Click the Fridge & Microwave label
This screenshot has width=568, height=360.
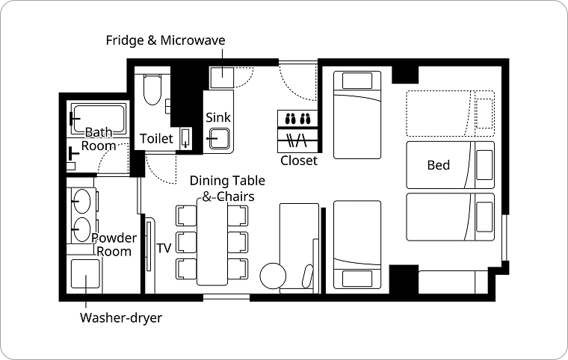click(165, 40)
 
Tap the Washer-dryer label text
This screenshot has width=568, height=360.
click(121, 317)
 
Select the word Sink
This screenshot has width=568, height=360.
click(218, 117)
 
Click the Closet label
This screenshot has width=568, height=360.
click(299, 161)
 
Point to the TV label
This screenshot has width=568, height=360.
click(164, 248)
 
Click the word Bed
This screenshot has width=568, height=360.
click(438, 165)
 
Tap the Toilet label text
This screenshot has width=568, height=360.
click(156, 138)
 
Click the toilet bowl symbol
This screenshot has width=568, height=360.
click(152, 90)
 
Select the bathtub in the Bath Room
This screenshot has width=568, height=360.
click(99, 119)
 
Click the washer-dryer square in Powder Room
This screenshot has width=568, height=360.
click(85, 274)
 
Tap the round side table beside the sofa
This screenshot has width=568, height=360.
click(273, 276)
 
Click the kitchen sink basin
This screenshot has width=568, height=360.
click(219, 139)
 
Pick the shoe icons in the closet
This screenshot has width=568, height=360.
click(298, 119)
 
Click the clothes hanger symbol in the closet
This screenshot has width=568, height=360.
click(297, 140)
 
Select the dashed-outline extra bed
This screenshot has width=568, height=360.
click(450, 114)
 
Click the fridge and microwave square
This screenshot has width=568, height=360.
click(222, 78)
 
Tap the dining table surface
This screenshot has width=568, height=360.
click(212, 242)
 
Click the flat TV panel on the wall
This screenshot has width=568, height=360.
click(149, 246)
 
